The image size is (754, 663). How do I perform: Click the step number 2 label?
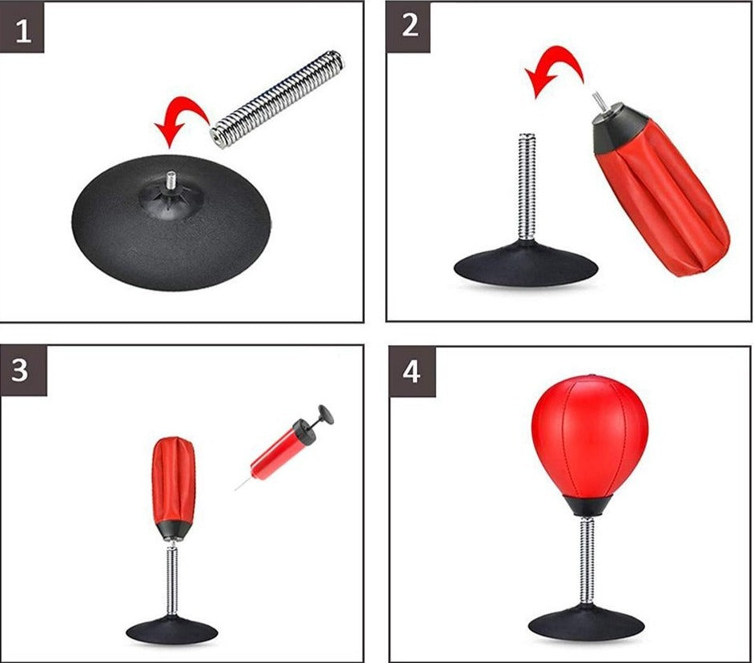click(x=410, y=26)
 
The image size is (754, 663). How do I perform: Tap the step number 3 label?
click(x=20, y=371)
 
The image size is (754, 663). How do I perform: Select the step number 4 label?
click(x=411, y=372)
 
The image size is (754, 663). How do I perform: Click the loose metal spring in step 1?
click(x=278, y=99)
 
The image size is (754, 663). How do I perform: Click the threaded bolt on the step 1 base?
click(x=171, y=180)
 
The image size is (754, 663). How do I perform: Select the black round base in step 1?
click(x=171, y=223)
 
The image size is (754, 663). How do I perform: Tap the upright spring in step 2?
click(x=527, y=187)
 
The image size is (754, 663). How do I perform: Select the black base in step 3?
click(x=171, y=629)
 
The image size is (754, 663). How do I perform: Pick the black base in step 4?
click(x=586, y=625)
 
